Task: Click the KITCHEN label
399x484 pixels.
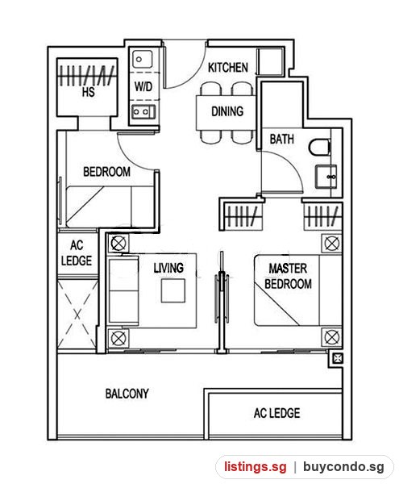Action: (228, 68)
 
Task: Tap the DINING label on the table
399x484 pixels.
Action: (227, 111)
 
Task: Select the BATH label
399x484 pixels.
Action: (282, 139)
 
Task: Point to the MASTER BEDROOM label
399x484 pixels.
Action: (288, 276)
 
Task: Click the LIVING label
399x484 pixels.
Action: (168, 268)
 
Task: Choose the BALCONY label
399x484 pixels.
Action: (127, 394)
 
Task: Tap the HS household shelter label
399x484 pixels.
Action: (88, 92)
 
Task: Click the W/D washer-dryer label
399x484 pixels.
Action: (143, 86)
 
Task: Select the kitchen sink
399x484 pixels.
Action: (142, 59)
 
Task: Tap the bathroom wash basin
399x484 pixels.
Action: (326, 177)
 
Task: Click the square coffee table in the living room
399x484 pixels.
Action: (173, 290)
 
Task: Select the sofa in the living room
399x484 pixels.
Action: (123, 291)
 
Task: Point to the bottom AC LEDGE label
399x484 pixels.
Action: (277, 413)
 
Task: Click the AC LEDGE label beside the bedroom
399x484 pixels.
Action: (77, 253)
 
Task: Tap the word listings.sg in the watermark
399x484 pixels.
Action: (256, 466)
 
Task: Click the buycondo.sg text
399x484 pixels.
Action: (344, 466)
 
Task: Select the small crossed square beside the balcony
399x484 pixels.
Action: (337, 358)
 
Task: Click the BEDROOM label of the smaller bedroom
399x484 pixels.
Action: (106, 172)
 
